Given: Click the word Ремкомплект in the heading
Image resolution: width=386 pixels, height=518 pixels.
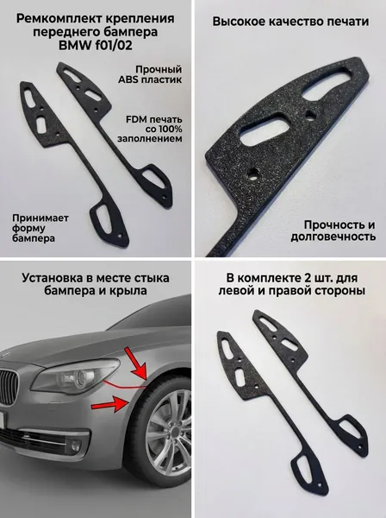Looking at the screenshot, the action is [x=59, y=20].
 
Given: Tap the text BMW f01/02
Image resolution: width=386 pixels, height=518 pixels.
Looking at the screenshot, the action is [x=96, y=46].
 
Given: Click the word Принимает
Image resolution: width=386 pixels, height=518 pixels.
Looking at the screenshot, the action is [x=40, y=218].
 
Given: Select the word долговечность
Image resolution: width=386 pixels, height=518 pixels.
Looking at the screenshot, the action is [x=333, y=237].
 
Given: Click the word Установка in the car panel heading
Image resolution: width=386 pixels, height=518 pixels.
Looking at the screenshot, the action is [x=56, y=278].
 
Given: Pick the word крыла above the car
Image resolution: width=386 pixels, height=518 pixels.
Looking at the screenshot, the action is [x=130, y=291].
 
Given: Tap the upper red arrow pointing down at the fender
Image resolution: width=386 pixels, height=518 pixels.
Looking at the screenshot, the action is [x=137, y=363].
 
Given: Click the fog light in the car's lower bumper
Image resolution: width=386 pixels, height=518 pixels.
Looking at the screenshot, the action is [x=76, y=445].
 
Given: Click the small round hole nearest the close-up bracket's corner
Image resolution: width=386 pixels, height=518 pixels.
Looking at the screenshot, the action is [x=254, y=173].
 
